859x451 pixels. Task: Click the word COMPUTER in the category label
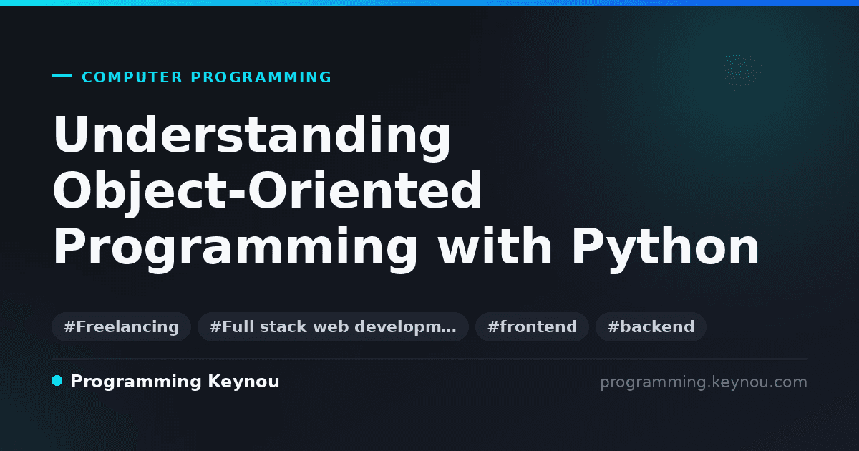click(132, 77)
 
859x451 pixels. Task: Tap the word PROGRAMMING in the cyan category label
click(261, 77)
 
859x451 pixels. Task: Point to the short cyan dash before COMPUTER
click(62, 76)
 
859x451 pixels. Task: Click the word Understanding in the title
click(252, 136)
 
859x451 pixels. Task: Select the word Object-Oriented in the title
click(267, 191)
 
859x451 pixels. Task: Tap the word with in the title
click(495, 246)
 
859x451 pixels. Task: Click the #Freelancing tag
click(121, 326)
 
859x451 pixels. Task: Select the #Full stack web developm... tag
click(333, 326)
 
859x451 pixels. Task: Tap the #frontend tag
click(532, 326)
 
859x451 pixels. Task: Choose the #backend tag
click(651, 326)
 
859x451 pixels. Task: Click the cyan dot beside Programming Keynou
click(57, 381)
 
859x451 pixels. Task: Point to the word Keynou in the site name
click(243, 382)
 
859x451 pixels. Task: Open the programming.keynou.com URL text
click(704, 383)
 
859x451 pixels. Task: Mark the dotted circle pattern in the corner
click(741, 72)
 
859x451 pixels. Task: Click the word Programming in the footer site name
click(136, 382)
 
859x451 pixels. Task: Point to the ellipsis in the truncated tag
click(449, 331)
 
